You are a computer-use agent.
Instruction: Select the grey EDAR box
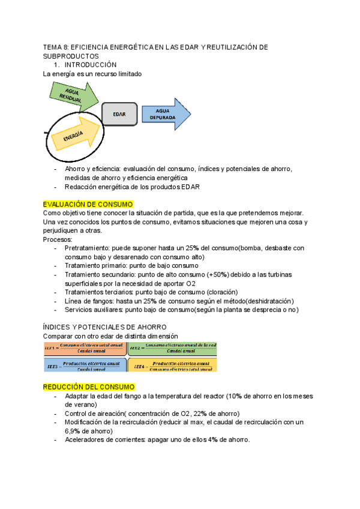tap(119, 114)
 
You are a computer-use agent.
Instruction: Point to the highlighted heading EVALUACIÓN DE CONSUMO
tap(88, 204)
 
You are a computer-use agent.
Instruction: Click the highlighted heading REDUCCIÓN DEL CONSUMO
tap(88, 387)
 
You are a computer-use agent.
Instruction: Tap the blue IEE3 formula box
tap(85, 364)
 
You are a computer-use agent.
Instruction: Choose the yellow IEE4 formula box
tap(172, 364)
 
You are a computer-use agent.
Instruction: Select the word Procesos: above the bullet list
tap(58, 239)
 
